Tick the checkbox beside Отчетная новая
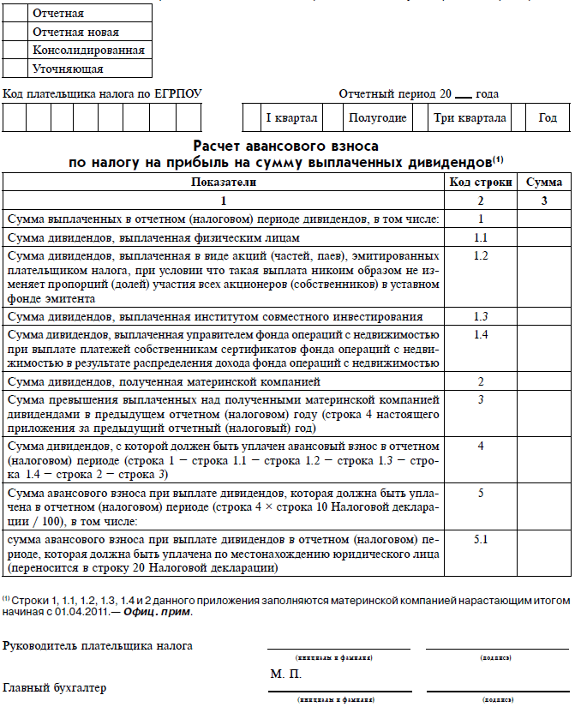pos(15,32)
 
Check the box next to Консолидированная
pos(15,51)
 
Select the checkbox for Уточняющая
pos(15,69)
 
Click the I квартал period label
pos(290,117)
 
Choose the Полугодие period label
pos(377,117)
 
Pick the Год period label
pos(548,117)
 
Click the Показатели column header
pos(224,183)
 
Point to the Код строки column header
pos(481,183)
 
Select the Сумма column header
pos(543,183)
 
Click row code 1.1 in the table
pos(481,237)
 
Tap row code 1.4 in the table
pos(481,334)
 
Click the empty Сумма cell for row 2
pos(543,381)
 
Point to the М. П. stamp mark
pos(285,674)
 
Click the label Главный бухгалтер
pos(55,687)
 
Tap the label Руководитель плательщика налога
pos(98,645)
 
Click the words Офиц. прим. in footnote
pos(160,612)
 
